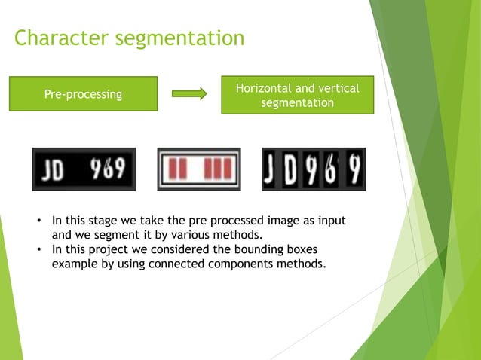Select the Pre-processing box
pos(83,95)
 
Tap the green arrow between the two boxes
pos(188,94)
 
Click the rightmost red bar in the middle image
pos(227,169)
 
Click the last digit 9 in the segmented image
pos(354,169)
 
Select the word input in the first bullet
pos(330,221)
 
